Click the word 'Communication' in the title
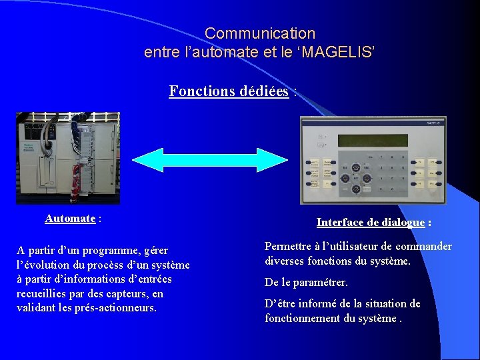tap(260, 33)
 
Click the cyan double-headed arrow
tap(210, 161)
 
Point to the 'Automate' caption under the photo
tap(70, 219)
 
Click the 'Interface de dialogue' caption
tap(371, 223)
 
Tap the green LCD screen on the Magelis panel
tap(372, 141)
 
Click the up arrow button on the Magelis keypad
tap(355, 169)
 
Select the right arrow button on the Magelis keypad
tap(366, 179)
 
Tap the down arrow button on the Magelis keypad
tap(355, 189)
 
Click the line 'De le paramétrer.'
tap(306, 283)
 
